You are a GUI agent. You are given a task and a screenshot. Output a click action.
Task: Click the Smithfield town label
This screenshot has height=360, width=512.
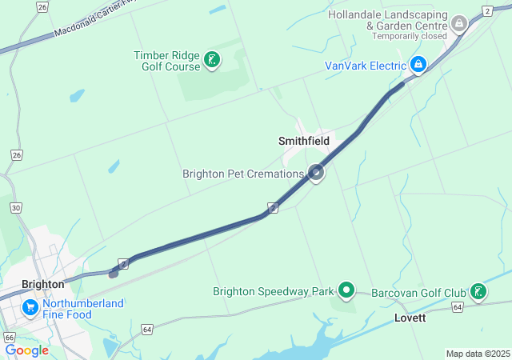tap(304, 141)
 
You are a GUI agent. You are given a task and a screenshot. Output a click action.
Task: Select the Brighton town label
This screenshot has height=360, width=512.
tap(43, 284)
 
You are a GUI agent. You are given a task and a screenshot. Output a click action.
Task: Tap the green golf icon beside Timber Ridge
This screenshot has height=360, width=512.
tap(212, 60)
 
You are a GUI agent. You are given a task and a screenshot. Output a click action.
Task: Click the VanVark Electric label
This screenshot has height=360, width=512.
tap(365, 66)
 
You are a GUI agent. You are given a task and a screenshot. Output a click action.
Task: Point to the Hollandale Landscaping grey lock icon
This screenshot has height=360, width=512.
tap(459, 24)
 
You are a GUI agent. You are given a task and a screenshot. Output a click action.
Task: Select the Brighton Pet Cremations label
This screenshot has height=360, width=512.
tap(243, 174)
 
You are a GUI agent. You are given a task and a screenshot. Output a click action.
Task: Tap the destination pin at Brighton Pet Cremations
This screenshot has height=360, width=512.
tap(317, 172)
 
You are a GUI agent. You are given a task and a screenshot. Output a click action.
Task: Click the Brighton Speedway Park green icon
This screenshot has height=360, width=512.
tap(346, 290)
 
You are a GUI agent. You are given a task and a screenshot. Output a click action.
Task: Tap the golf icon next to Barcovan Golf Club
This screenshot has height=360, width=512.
tap(478, 291)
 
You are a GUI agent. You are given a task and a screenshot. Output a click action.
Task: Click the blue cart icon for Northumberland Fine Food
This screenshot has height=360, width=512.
tap(30, 307)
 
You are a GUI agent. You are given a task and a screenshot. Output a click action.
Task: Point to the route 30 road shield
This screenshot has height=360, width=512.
tap(16, 208)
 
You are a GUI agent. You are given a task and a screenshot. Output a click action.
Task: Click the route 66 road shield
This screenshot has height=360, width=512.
tap(9, 338)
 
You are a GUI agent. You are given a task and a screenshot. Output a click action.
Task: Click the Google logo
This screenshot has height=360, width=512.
tap(26, 350)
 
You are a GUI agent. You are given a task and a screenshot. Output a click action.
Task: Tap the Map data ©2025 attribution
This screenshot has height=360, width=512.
tap(478, 354)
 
